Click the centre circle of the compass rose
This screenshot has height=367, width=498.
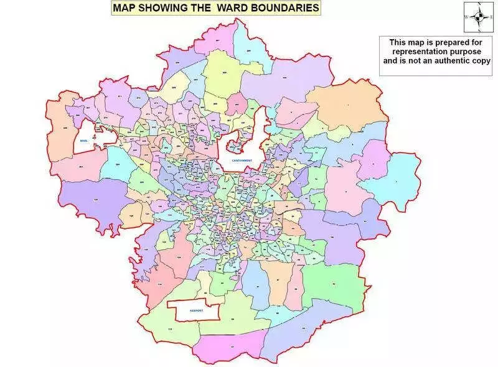[x=478, y=17]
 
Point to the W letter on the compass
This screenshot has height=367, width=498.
[x=467, y=17]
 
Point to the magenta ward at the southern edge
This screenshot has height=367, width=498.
[x=230, y=348]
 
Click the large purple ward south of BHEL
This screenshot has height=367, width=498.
[x=87, y=199]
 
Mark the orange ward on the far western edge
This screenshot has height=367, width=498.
[x=65, y=134]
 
